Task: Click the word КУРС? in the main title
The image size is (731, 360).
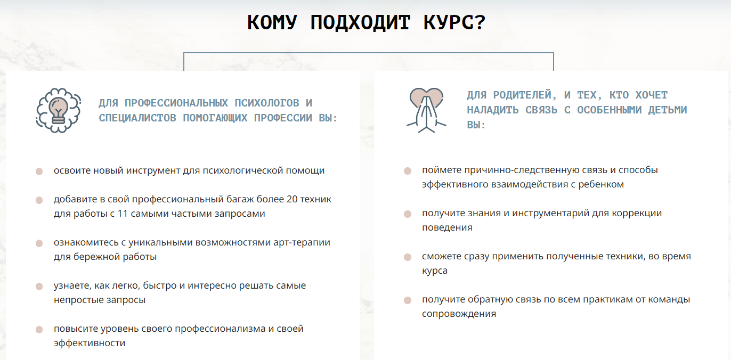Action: pos(454,22)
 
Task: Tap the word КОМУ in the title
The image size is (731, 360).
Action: pos(272,22)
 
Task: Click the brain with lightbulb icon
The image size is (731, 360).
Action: pos(59,110)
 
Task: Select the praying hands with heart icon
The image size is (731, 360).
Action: pos(426,110)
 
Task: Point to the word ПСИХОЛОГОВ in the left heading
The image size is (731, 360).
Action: pos(266,103)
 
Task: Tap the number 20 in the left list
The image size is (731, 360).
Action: pos(292,199)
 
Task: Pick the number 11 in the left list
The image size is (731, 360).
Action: pos(123,214)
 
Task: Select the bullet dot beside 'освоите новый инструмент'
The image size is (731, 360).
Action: pos(39,171)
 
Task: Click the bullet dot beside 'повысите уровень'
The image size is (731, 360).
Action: pos(39,329)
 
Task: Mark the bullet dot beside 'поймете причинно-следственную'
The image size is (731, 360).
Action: pos(408,171)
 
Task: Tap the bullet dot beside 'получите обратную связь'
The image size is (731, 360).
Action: pos(408,300)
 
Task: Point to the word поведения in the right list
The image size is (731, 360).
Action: pos(447,227)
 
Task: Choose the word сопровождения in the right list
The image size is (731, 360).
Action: pos(459,314)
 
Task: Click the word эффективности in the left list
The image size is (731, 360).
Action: pos(90,343)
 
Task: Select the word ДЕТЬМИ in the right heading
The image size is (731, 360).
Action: pos(668,110)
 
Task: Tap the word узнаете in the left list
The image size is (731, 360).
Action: pos(72,285)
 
